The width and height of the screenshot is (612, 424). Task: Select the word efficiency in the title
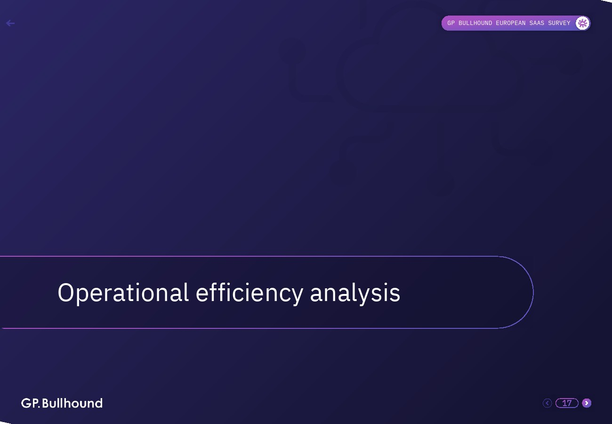pyautogui.click(x=250, y=294)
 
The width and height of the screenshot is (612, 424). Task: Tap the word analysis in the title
pyautogui.click(x=355, y=294)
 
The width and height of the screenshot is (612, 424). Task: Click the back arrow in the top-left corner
pyautogui.click(x=10, y=23)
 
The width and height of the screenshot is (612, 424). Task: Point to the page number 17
pyautogui.click(x=567, y=403)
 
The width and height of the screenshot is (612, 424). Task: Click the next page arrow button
pyautogui.click(x=587, y=403)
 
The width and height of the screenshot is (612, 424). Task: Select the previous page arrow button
pyautogui.click(x=547, y=403)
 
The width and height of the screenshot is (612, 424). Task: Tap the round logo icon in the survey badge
pyautogui.click(x=582, y=23)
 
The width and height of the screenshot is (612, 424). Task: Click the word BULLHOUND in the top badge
pyautogui.click(x=475, y=23)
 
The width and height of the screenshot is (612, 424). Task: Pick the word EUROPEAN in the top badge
pyautogui.click(x=511, y=23)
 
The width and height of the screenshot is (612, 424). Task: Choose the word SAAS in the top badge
pyautogui.click(x=537, y=23)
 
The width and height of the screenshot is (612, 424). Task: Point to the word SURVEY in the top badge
pyautogui.click(x=559, y=23)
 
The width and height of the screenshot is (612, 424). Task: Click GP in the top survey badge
pyautogui.click(x=451, y=23)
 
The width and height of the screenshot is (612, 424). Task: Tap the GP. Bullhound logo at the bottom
pyautogui.click(x=62, y=403)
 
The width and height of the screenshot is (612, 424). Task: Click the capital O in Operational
pyautogui.click(x=66, y=293)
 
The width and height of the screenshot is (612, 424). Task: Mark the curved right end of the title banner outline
pyautogui.click(x=533, y=292)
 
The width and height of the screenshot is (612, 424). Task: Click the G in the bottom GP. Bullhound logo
pyautogui.click(x=26, y=403)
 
